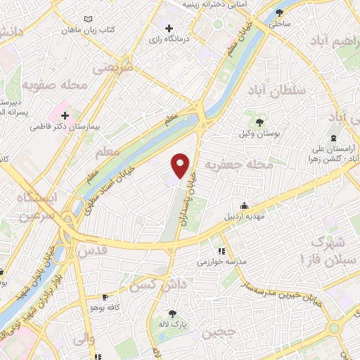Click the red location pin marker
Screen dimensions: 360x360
[181, 165]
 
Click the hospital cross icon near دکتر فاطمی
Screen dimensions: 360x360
[65, 115]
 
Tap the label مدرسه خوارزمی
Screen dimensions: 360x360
[243, 261]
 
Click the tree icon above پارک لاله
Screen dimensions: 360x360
[173, 314]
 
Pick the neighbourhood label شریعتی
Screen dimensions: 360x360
[114, 67]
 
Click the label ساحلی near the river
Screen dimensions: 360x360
[278, 23]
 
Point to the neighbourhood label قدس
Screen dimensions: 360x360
[91, 250]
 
